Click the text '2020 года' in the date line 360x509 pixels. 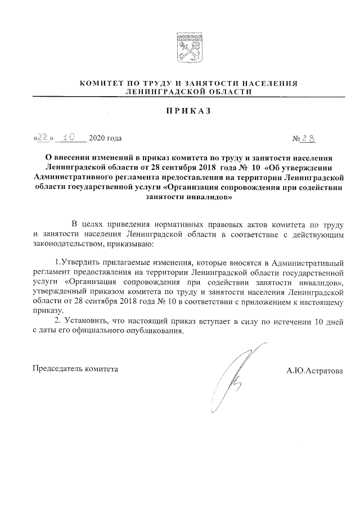pos(105,138)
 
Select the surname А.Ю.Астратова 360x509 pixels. pos(314,371)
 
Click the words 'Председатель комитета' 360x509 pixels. pos(75,369)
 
